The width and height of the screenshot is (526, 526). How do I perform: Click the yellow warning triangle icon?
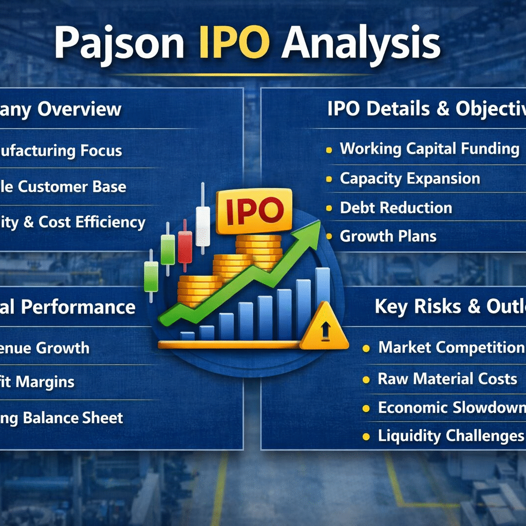click(x=324, y=327)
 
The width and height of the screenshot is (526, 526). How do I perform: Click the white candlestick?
click(x=203, y=226)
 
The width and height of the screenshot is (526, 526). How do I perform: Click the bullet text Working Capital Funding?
click(x=429, y=149)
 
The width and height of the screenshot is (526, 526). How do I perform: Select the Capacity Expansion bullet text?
click(x=410, y=179)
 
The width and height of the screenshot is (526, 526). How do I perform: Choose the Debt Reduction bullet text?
click(x=396, y=208)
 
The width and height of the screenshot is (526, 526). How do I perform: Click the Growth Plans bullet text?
click(x=388, y=236)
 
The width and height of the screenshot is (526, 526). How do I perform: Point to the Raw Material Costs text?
click(x=447, y=379)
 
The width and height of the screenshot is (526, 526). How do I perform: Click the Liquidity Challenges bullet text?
click(x=451, y=436)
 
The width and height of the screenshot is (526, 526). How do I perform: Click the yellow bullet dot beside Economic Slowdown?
click(x=366, y=409)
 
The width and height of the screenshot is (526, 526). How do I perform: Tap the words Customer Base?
click(x=72, y=186)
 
